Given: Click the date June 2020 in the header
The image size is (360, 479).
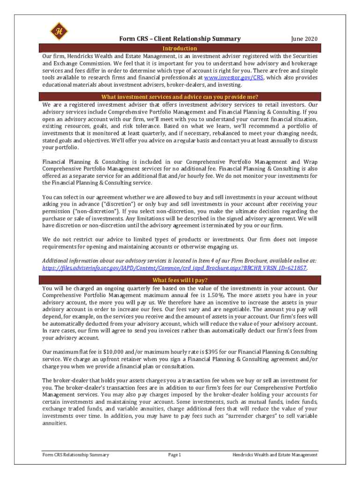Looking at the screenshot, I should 304,39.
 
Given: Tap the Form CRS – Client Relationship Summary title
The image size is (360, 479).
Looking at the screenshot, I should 180,39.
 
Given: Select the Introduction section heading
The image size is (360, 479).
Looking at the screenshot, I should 180,49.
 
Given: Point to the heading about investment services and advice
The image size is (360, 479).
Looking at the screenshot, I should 180,97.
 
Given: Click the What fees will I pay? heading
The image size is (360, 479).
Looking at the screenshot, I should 180,280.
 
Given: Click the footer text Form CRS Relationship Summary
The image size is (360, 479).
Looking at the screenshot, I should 76,455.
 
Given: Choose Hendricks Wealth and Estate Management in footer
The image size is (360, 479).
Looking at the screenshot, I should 275,455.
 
